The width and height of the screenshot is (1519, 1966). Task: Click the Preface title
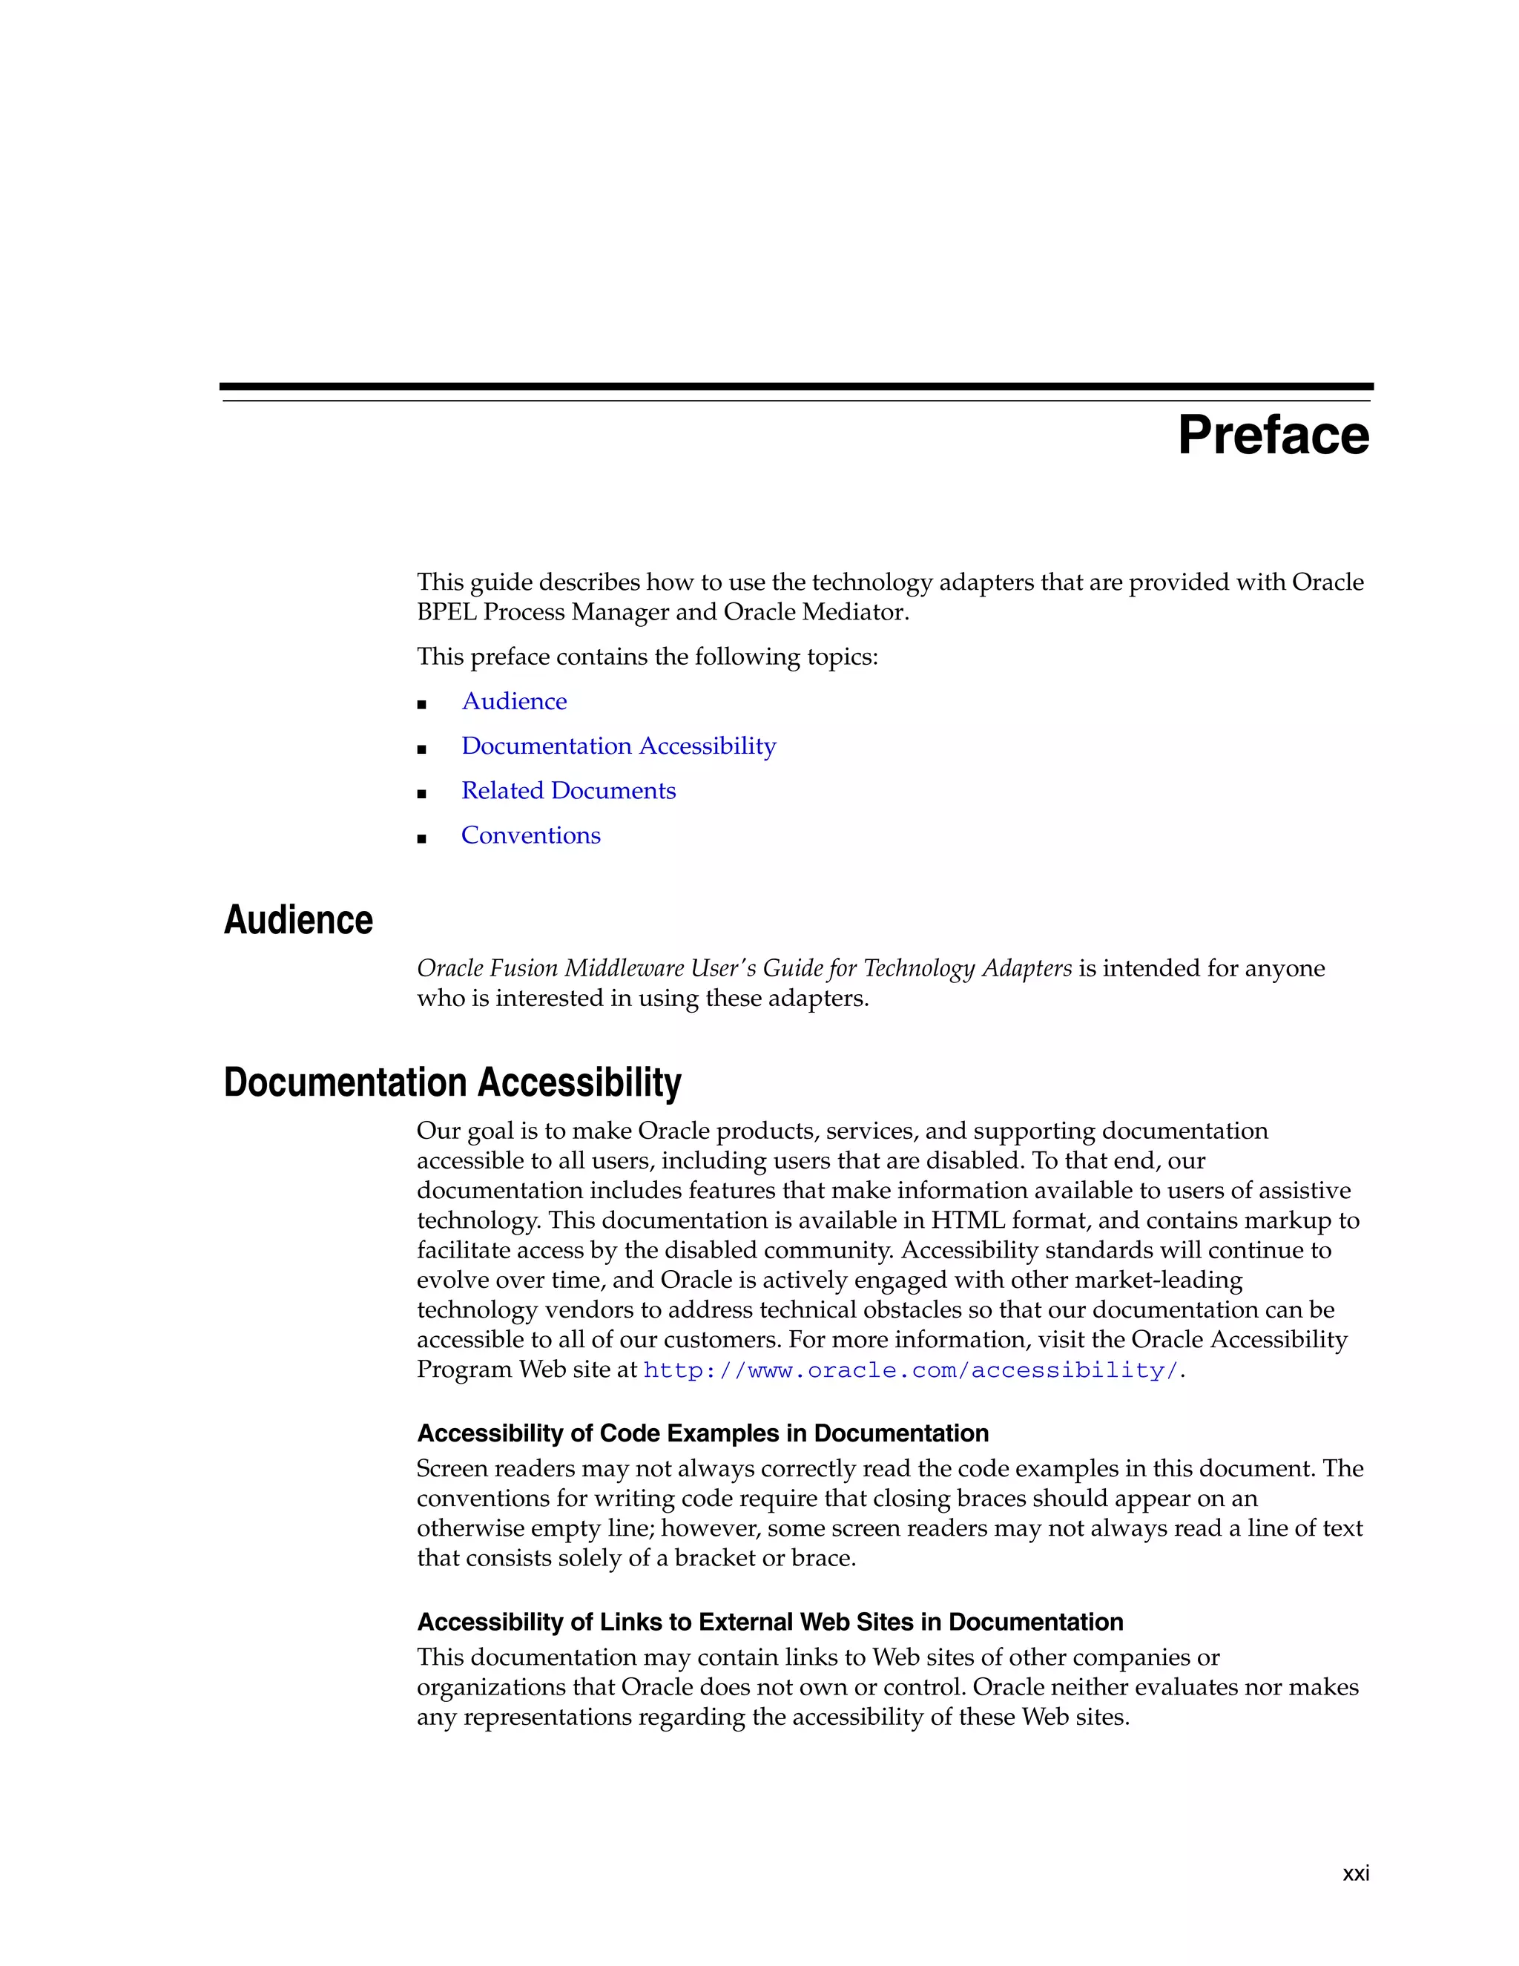[1273, 435]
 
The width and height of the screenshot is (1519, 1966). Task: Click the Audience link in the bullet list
[514, 701]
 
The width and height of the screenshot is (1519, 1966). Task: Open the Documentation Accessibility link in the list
[619, 746]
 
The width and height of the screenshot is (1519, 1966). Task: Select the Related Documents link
[568, 790]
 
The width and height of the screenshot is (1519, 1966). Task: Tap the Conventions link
[530, 835]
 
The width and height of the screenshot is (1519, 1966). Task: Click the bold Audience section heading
[298, 920]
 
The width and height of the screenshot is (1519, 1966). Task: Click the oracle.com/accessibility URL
[911, 1370]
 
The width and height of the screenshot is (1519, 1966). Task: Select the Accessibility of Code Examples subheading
[702, 1433]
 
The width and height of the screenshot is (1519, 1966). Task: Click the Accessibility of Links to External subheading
[769, 1622]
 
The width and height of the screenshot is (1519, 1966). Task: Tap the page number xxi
[1355, 1873]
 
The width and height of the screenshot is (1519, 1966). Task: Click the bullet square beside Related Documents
[421, 794]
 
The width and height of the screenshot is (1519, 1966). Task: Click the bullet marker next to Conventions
[421, 839]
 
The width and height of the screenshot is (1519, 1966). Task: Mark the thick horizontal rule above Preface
[796, 387]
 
